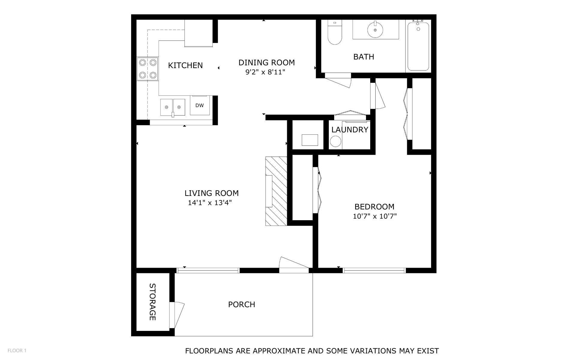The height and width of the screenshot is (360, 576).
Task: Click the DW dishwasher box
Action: (199, 106)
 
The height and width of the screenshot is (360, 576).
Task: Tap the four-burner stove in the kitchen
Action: (148, 69)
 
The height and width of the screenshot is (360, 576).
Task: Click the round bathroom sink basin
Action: (375, 30)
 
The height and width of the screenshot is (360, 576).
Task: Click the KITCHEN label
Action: (185, 65)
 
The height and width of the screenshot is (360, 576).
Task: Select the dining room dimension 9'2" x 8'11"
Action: (265, 72)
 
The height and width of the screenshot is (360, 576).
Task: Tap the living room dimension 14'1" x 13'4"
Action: (210, 203)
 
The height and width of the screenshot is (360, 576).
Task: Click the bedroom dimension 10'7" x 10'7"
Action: (375, 216)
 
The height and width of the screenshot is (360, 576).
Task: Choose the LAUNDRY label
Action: (349, 130)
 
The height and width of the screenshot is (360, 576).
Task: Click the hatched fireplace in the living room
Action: (276, 191)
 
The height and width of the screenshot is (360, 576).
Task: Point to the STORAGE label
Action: (152, 302)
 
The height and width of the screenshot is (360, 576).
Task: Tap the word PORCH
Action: (241, 304)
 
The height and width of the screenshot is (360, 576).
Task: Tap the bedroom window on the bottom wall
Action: (374, 270)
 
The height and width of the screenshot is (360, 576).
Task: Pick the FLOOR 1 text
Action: (17, 350)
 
